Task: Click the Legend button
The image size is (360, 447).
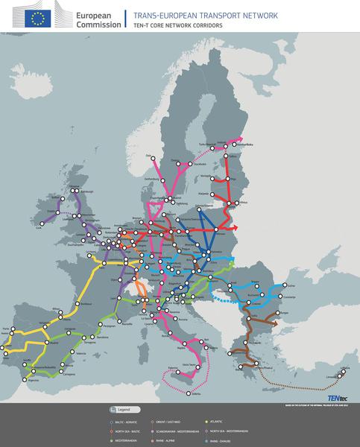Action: coord(121,410)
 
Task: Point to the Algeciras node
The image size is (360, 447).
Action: coord(32,379)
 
